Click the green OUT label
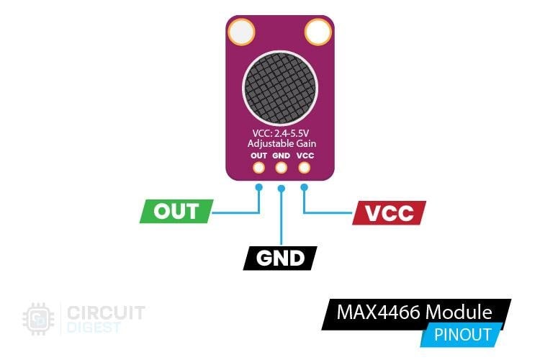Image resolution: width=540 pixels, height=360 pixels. [176, 212]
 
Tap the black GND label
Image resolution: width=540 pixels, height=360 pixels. [281, 258]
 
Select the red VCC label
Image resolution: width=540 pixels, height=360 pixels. [390, 212]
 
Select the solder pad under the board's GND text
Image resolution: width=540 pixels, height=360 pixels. [281, 168]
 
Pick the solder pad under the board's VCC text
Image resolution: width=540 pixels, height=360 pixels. [304, 168]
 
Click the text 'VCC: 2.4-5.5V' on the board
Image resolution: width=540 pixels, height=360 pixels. [280, 132]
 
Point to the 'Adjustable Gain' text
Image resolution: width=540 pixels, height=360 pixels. [280, 143]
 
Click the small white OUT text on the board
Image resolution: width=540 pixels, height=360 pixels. [258, 155]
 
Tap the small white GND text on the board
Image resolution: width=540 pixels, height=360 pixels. [281, 155]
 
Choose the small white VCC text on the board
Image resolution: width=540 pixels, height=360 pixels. [304, 155]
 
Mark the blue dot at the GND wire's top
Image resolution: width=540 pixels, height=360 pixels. [281, 189]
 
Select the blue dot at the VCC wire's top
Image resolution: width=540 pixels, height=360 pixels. [304, 186]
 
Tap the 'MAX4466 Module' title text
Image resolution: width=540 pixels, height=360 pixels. [415, 312]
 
